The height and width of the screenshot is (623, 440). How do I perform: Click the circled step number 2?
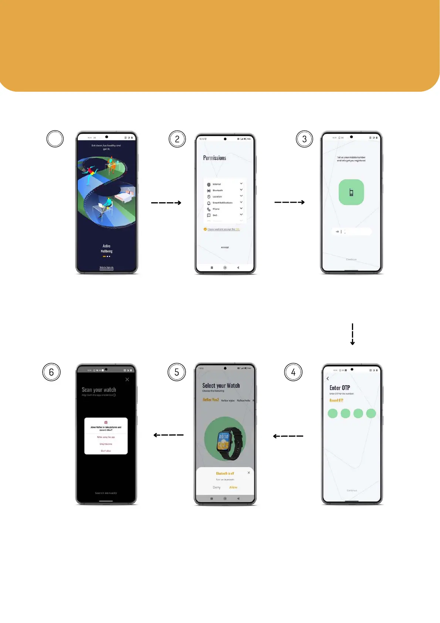coord(177,139)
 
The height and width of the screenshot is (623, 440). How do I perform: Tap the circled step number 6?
coord(51,372)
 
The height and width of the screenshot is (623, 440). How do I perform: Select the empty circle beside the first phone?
coord(55,139)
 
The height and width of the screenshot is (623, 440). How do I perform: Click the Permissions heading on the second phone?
coord(214,158)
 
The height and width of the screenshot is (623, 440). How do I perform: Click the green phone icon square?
coord(351,192)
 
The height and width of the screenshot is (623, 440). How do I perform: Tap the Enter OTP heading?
coord(339,388)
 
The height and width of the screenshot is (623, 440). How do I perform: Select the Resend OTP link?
coord(336,400)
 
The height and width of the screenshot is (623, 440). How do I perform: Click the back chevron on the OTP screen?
coord(328,379)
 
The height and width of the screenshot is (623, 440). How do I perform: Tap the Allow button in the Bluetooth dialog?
coord(233,487)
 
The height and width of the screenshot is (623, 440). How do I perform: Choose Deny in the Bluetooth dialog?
coord(217,487)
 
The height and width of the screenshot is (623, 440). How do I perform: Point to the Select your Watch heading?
coord(221,386)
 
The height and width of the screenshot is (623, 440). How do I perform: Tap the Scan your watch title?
coord(99,390)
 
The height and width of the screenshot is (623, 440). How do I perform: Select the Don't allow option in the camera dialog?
coord(106,451)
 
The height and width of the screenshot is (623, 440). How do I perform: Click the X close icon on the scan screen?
coord(127,379)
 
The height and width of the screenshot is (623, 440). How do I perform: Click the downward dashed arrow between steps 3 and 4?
coord(352,334)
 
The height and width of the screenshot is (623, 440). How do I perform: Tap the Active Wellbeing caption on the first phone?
coord(106,248)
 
